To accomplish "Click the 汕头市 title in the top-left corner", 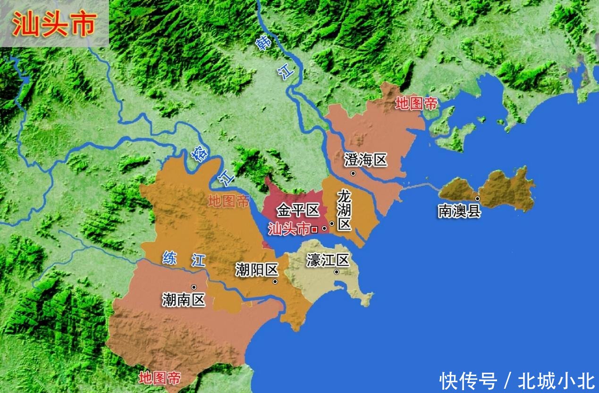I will [x=54, y=24].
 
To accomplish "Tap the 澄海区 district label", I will [x=366, y=160].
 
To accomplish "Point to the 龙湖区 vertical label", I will [x=345, y=210].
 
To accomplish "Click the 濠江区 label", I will [x=328, y=260].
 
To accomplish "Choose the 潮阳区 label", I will [x=257, y=270].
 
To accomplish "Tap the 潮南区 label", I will [x=184, y=299].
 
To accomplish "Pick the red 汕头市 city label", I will [x=289, y=229].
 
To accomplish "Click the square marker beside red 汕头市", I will [x=314, y=230].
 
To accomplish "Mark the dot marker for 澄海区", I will [x=353, y=174].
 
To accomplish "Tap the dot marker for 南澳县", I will [x=478, y=199].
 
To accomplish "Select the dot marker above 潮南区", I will [x=194, y=287].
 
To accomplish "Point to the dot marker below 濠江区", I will [x=337, y=272].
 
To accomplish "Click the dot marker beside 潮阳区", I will [x=275, y=282].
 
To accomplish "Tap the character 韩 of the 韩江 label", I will [x=263, y=43].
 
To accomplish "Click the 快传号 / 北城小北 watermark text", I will [x=517, y=381].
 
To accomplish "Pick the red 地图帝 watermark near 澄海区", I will [x=416, y=104].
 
